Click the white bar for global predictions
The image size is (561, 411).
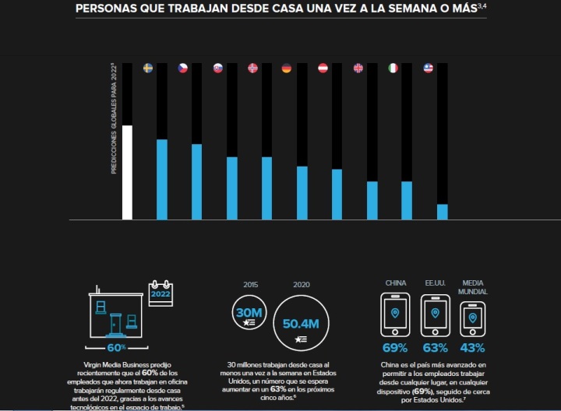[128, 172]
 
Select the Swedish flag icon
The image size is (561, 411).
[148, 68]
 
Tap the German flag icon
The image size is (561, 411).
[287, 68]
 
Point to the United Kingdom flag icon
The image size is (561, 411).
[358, 68]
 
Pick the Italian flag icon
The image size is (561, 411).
[393, 68]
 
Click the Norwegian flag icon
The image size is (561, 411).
[252, 68]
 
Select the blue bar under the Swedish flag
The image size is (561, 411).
[162, 179]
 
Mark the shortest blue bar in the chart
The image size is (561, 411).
[442, 212]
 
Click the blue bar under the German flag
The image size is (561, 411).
[302, 192]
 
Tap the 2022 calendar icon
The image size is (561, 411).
[160, 294]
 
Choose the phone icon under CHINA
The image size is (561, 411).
[395, 314]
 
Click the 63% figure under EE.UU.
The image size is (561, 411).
[435, 347]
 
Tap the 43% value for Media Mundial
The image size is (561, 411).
[472, 347]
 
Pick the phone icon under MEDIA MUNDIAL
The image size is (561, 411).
[472, 318]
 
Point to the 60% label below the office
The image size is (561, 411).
[116, 346]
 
